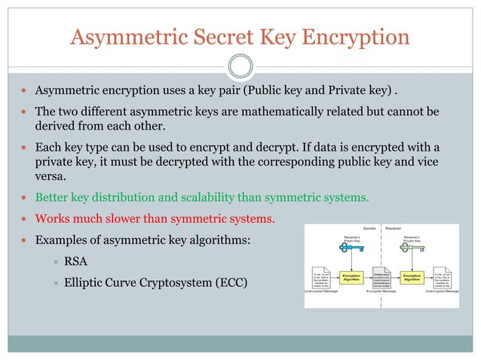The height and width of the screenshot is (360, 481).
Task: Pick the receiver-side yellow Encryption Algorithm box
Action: pyautogui.click(x=412, y=277)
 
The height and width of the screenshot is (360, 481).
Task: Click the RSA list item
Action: pyautogui.click(x=75, y=261)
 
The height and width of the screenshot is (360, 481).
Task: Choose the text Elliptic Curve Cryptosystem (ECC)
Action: pyautogui.click(x=143, y=282)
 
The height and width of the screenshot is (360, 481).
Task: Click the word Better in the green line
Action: pyautogui.click(x=53, y=197)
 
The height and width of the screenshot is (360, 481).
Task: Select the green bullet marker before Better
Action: pyautogui.click(x=26, y=198)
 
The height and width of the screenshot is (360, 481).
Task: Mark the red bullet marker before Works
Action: pyautogui.click(x=26, y=219)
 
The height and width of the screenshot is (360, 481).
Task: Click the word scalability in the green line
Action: pyautogui.click(x=212, y=197)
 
